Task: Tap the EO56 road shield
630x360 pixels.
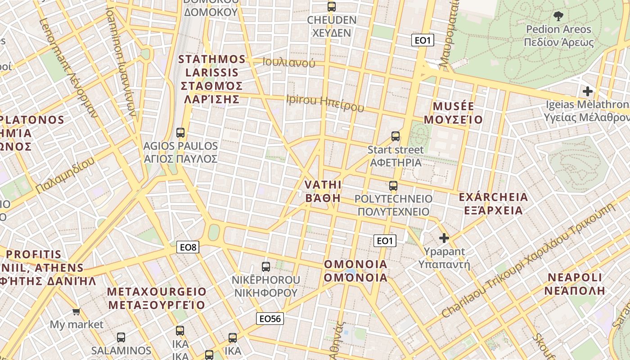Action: tap(270, 319)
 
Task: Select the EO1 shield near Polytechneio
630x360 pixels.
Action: tap(385, 241)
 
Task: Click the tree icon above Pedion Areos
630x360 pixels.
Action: tap(558, 17)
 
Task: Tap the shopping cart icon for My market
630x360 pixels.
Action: tap(76, 311)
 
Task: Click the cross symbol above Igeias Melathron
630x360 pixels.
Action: tap(587, 91)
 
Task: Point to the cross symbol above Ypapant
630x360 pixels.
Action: tap(444, 238)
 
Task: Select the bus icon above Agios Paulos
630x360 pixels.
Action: tap(180, 133)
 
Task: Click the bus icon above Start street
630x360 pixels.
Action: tap(396, 136)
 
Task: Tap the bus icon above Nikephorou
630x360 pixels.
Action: tap(266, 267)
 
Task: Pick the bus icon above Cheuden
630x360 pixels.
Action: tap(332, 7)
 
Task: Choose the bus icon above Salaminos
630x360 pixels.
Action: tap(121, 337)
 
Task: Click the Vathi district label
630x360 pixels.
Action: tap(323, 191)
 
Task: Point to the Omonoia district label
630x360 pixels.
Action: tap(355, 270)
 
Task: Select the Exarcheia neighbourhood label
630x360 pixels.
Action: tap(493, 204)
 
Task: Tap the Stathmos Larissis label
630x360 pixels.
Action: tap(211, 79)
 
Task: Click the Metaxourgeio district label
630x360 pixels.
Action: tap(157, 298)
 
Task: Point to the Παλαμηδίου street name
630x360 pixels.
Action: tap(66, 175)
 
